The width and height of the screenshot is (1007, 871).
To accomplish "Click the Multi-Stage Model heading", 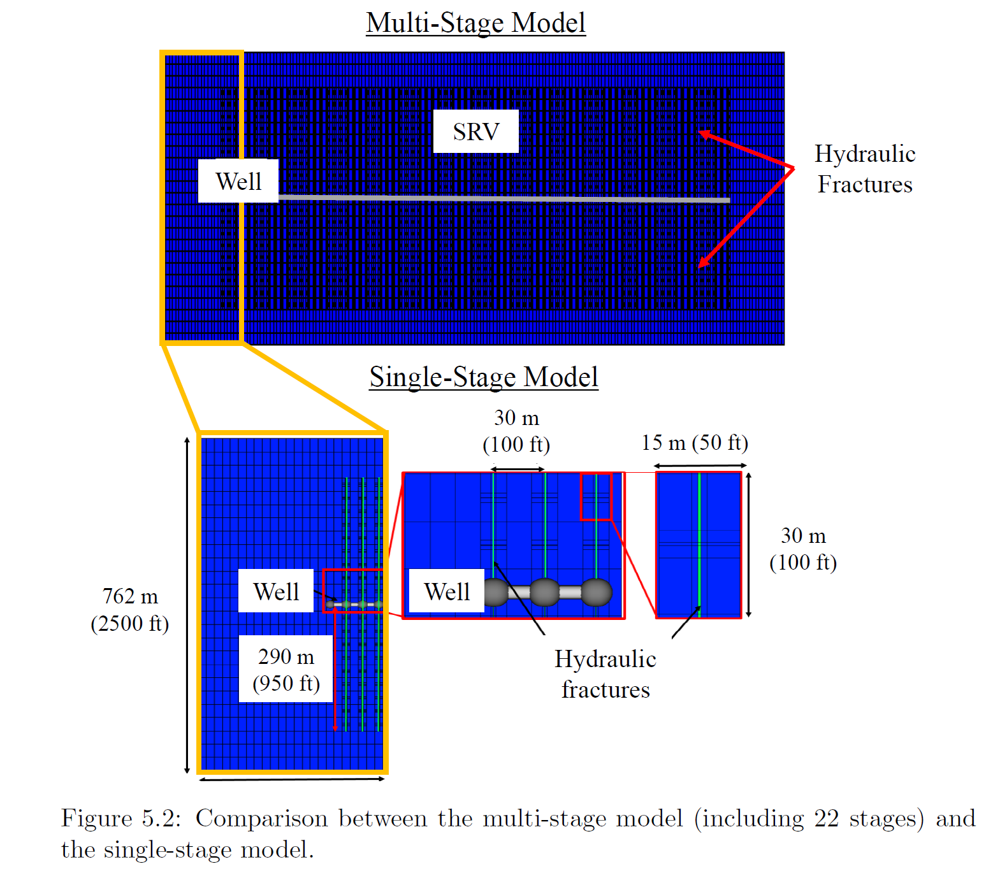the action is pos(475,22).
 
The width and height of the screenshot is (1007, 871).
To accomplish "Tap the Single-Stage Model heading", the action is pos(483,377).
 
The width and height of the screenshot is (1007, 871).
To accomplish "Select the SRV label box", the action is pos(476,131).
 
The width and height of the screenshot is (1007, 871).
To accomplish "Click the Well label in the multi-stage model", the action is pos(238,181).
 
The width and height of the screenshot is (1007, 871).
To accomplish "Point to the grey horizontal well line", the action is pos(504,198).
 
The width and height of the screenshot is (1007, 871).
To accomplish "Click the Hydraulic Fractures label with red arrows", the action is pos(865,169).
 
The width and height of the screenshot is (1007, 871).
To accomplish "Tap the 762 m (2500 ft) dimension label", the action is pos(129,609).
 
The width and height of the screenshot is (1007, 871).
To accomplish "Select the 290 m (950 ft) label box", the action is pos(286,669).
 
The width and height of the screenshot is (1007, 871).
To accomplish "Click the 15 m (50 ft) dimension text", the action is pos(695,443).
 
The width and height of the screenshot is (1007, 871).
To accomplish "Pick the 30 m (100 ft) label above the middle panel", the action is pos(516,431).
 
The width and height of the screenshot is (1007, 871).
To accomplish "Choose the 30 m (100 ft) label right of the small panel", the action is pos(803,549).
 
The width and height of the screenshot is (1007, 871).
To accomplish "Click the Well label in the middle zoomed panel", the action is pos(447,591).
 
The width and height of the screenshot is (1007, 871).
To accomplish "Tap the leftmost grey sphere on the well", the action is pos(495,593).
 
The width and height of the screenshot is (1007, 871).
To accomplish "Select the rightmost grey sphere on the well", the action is pos(597,593).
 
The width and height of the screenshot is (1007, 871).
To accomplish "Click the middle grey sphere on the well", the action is pos(545,593).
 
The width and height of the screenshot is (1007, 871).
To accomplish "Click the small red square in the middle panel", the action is pos(596,496).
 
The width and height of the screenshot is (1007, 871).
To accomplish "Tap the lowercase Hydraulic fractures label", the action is pos(605,674).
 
